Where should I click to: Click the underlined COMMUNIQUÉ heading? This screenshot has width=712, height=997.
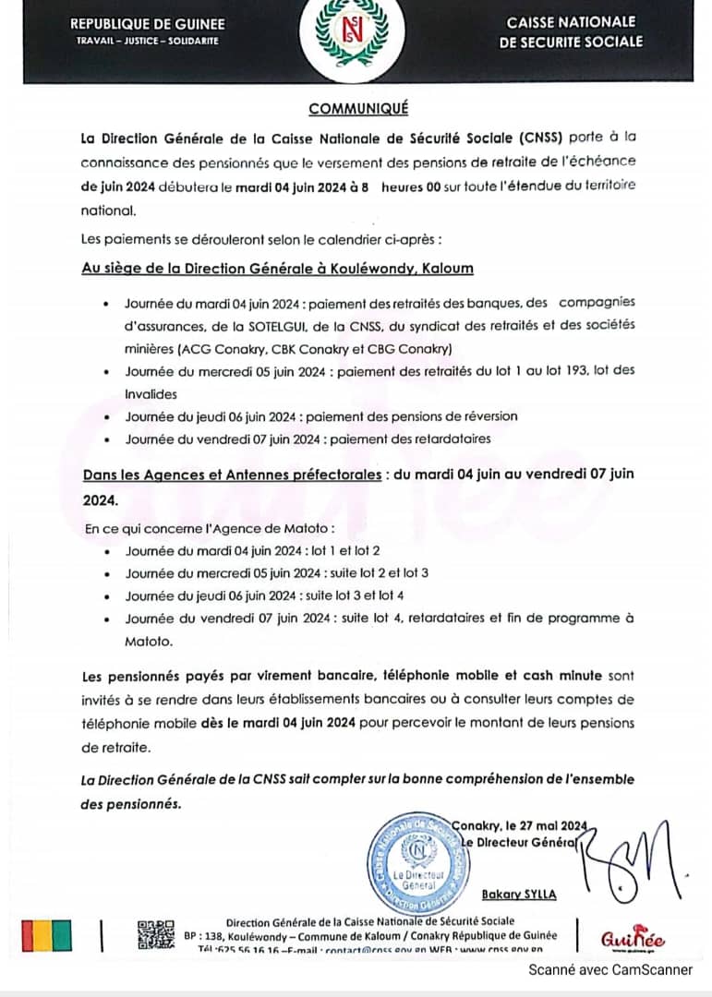(x=358, y=109)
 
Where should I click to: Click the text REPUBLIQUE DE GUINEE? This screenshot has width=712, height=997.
(x=148, y=24)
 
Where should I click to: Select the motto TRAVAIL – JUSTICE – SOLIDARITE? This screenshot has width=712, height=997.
(x=148, y=42)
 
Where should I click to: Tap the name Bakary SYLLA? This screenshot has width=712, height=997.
(x=519, y=894)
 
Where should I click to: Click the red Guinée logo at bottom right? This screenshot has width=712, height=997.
(x=633, y=939)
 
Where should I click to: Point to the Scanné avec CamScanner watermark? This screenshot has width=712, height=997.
(x=610, y=969)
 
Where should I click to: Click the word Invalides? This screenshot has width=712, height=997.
(x=152, y=391)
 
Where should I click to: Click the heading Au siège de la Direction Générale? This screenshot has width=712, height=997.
(x=277, y=269)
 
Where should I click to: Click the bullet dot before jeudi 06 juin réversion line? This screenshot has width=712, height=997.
(x=108, y=416)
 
